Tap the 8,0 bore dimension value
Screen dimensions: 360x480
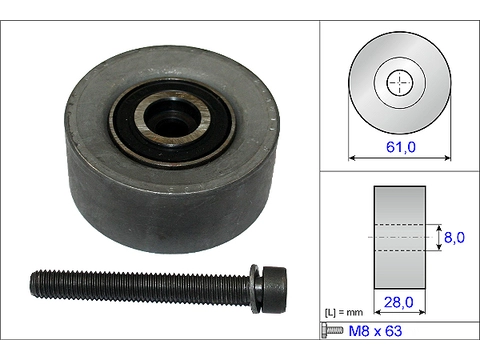454,239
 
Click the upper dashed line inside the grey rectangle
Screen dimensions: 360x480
400,225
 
